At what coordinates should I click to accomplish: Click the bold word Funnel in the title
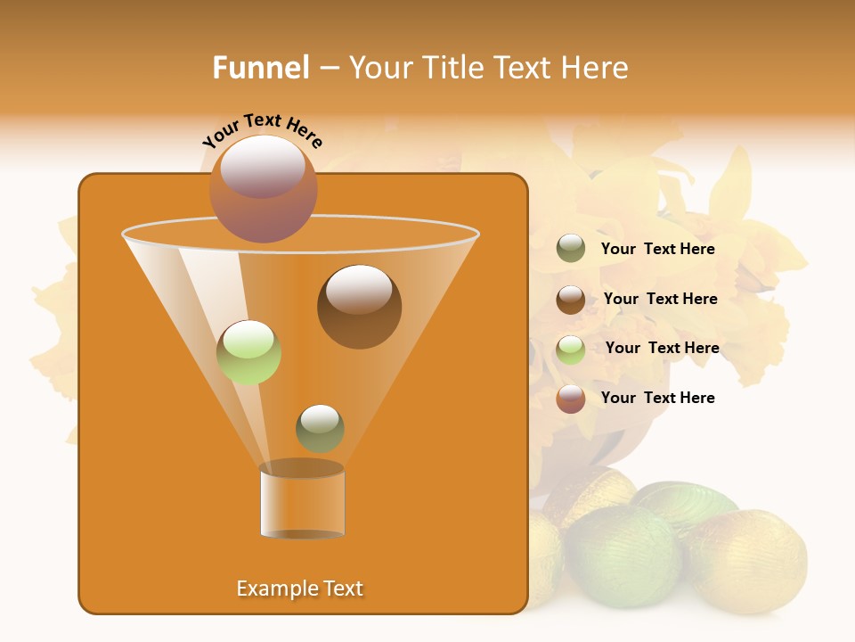pos(260,68)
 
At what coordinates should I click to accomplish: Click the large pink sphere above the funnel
pos(264,188)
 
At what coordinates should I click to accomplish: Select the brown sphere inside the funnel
pos(359,307)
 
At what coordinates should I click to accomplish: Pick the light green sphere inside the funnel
pos(248,352)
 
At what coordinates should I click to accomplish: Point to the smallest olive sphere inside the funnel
pos(320,428)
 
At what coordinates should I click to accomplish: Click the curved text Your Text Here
pos(262,130)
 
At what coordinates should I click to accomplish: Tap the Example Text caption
pos(299,588)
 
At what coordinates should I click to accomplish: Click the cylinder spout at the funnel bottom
pos(302,501)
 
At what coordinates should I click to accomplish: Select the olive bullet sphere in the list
pos(571,249)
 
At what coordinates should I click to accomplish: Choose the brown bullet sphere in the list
pos(571,299)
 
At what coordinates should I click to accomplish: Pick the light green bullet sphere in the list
pos(571,349)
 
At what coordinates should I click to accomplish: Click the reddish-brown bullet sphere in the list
pos(571,399)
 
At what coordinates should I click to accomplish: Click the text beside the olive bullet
pos(657,249)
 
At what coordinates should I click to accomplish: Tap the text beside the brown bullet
pos(660,299)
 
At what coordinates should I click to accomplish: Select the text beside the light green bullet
pos(662,348)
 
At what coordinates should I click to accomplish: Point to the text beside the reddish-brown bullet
pos(657,398)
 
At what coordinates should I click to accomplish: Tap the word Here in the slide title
pos(596,68)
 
